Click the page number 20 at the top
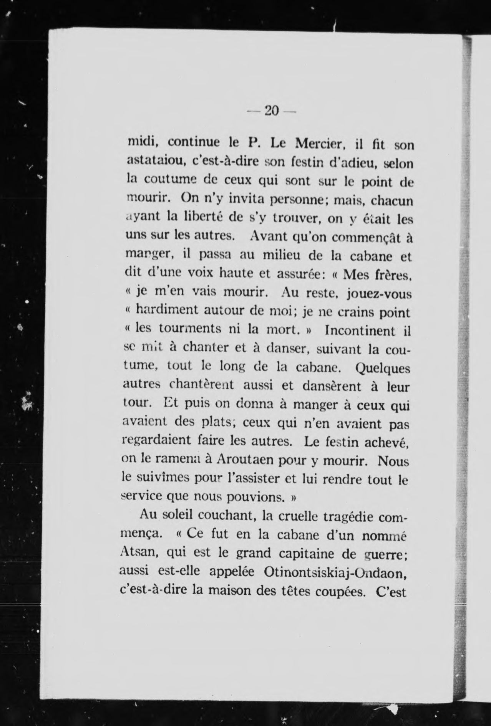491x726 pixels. [x=271, y=111]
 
